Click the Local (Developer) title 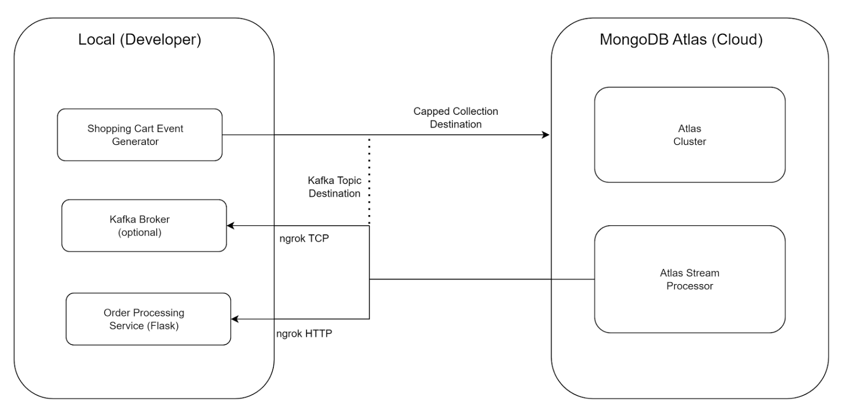[x=139, y=40]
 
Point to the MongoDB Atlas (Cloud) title [x=681, y=40]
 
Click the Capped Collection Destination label [x=456, y=118]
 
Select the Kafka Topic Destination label [x=334, y=187]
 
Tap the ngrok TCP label [x=304, y=239]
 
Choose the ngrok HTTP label [x=304, y=334]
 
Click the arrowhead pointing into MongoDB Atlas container [x=546, y=135]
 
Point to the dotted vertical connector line [x=369, y=180]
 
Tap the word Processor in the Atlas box [x=689, y=286]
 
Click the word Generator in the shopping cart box [x=135, y=142]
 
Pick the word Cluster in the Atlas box [x=689, y=142]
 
